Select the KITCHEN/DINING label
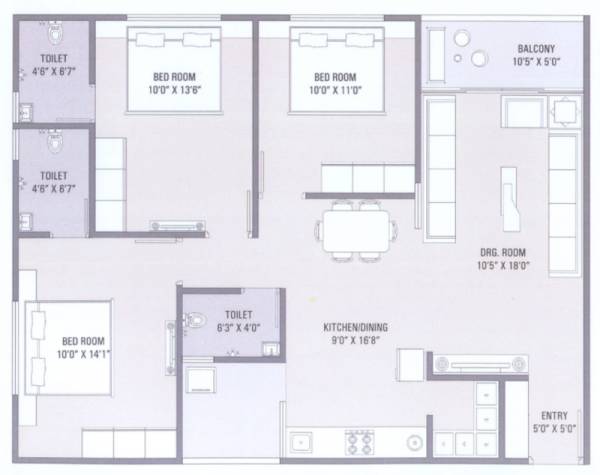tap(354, 327)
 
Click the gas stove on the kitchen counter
tap(357, 440)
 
